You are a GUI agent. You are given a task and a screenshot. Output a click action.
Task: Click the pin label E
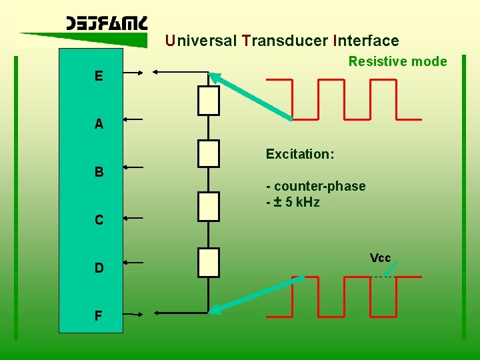99,76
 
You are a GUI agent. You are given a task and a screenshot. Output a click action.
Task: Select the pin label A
99,124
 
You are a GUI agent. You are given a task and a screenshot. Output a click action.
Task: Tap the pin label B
99,172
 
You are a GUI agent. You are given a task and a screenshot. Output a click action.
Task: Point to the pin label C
99,220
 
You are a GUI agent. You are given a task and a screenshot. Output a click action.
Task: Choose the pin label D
99,268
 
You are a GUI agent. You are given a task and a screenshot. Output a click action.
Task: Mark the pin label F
99,315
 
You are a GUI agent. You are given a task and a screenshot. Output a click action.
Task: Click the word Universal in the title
201,41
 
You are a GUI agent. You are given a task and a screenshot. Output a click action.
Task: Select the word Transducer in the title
285,41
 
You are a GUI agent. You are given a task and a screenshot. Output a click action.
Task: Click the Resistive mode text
397,61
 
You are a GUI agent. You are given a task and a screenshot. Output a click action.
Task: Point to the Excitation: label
300,154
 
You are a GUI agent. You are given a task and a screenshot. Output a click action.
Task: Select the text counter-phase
318,186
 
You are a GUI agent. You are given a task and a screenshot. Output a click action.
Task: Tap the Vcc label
380,258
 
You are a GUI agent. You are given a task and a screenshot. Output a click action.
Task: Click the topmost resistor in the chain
209,100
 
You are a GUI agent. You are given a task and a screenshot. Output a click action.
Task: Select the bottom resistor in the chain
209,262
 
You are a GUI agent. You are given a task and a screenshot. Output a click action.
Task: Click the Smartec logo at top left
107,25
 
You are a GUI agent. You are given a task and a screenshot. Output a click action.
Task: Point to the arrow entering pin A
133,119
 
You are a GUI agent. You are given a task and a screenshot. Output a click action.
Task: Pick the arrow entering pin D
133,263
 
